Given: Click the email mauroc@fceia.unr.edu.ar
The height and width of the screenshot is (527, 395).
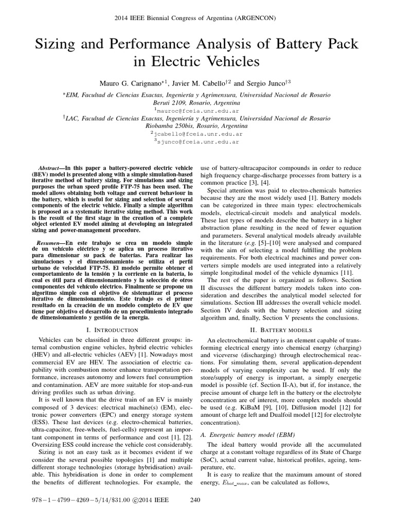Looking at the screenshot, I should [x=198, y=110].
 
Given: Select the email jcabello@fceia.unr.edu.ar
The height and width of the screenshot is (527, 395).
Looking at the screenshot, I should [x=198, y=133].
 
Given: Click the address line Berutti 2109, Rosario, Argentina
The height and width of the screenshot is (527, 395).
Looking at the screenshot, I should [x=197, y=102].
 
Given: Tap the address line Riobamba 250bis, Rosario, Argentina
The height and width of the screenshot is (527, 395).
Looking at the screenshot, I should [x=197, y=126].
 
